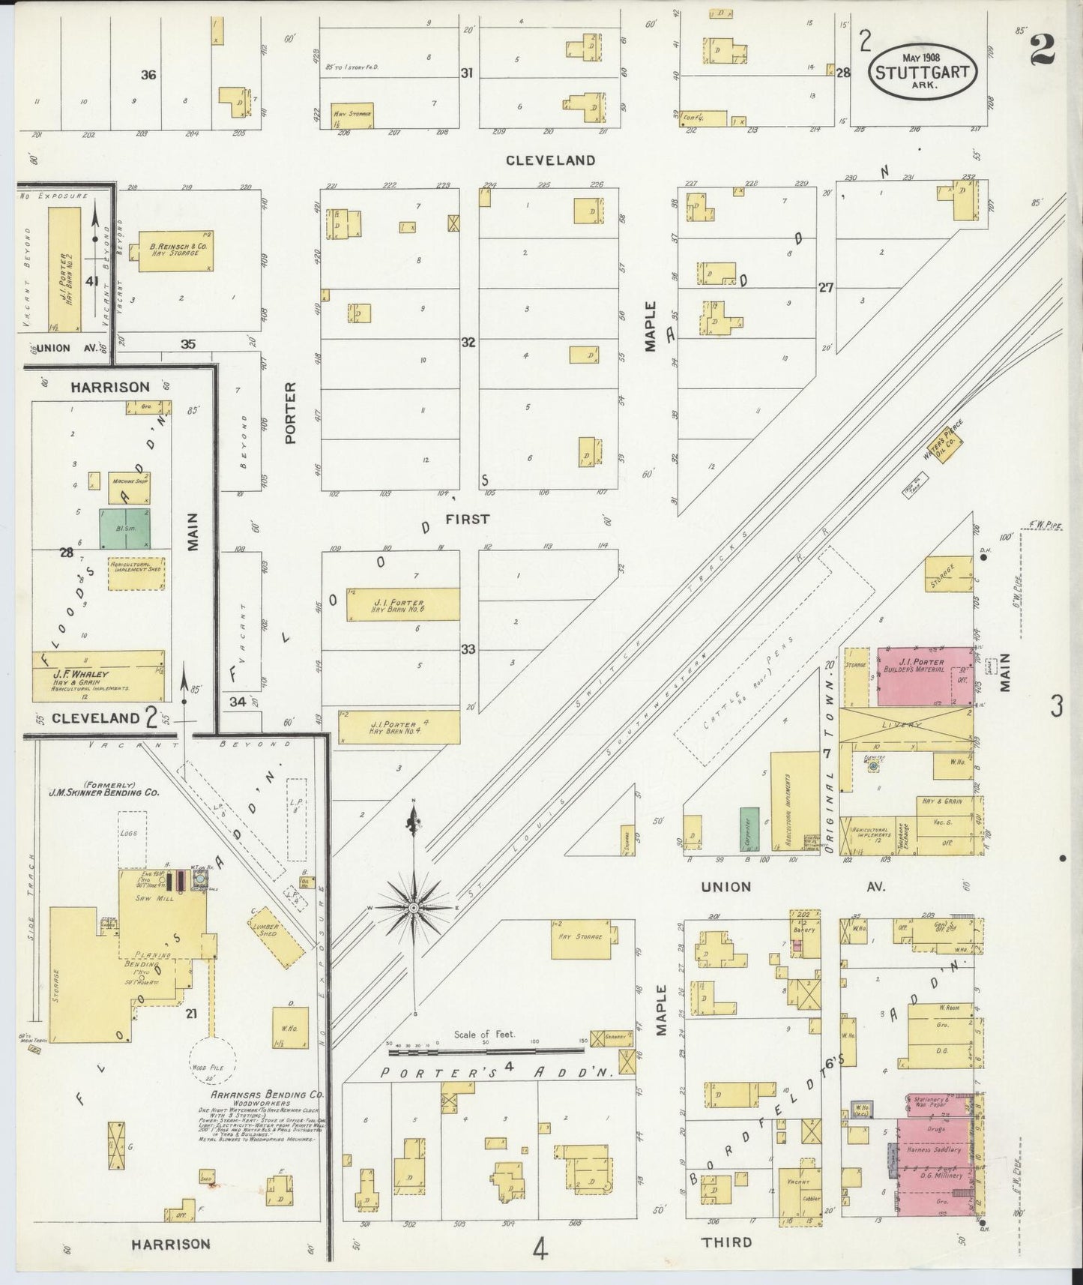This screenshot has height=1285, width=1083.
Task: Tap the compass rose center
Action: pyautogui.click(x=413, y=908)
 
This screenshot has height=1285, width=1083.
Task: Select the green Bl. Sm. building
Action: pyautogui.click(x=125, y=529)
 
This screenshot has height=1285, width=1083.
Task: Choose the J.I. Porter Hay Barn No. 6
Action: pyautogui.click(x=403, y=604)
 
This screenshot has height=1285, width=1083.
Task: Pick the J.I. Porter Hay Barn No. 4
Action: pyautogui.click(x=403, y=727)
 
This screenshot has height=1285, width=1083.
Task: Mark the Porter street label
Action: pyautogui.click(x=291, y=412)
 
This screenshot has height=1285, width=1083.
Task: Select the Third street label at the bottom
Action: pyautogui.click(x=725, y=1242)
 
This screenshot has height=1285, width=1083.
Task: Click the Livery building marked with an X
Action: pyautogui.click(x=907, y=725)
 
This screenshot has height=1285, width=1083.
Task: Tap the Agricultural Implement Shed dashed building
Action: pyautogui.click(x=136, y=574)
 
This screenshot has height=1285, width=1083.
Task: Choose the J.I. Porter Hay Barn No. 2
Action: pyautogui.click(x=64, y=269)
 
